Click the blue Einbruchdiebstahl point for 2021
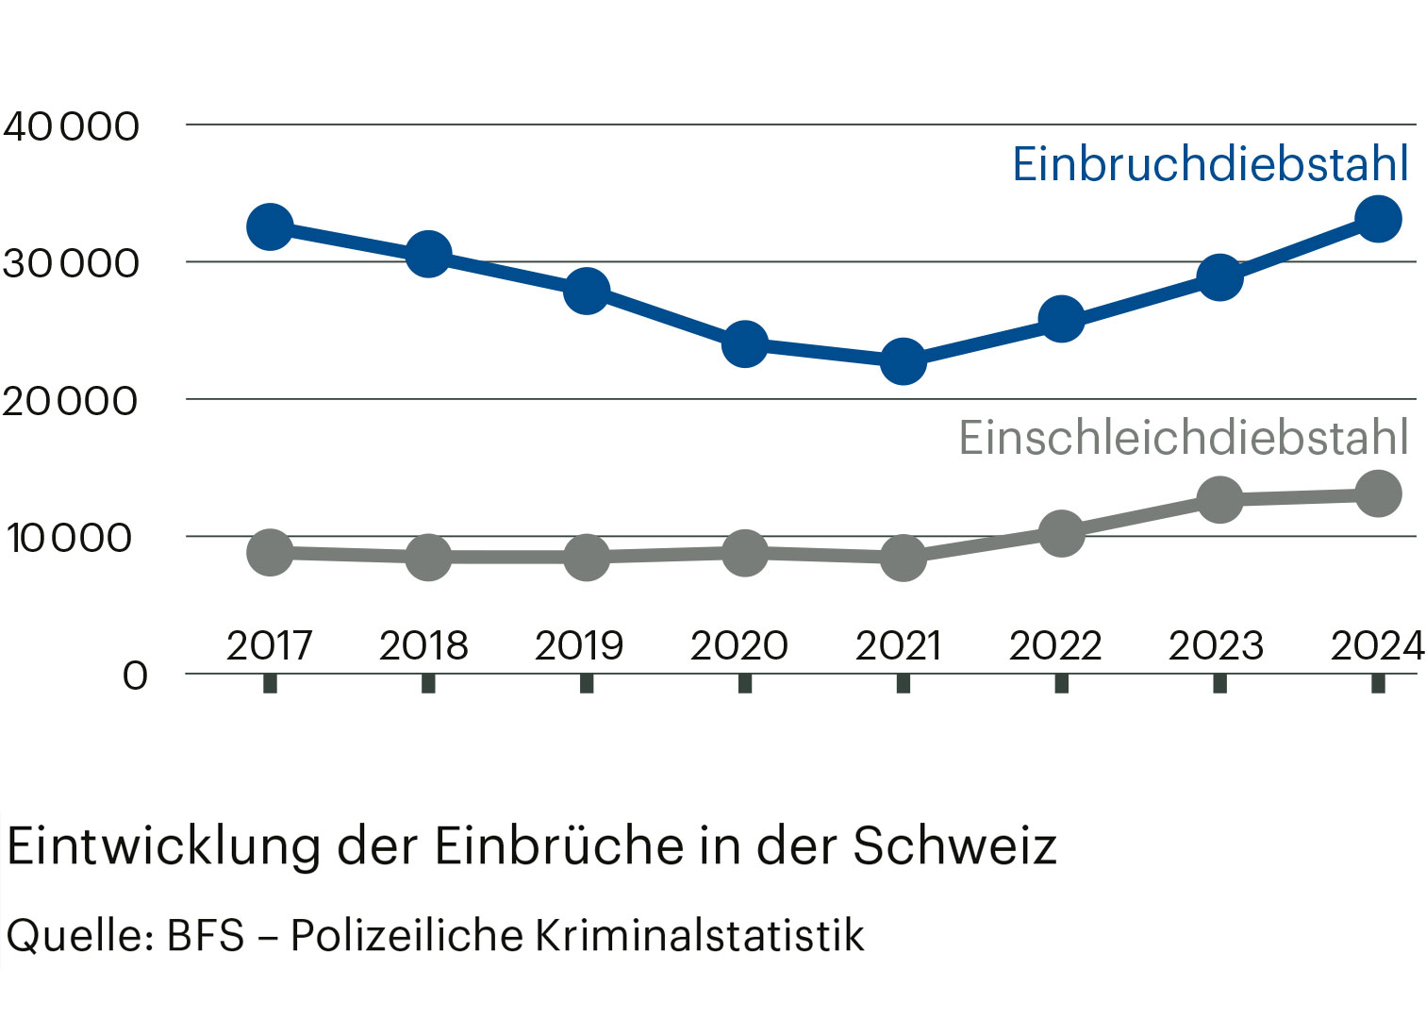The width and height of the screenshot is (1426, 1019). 903,360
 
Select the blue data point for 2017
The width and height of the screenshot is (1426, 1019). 270,227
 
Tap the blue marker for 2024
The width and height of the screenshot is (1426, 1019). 1378,219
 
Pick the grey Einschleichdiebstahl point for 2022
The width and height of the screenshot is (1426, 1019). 1061,533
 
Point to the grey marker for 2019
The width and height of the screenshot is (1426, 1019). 587,557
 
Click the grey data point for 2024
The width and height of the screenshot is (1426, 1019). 1378,493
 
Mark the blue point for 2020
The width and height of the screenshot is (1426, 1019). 745,343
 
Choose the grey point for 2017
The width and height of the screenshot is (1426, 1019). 270,552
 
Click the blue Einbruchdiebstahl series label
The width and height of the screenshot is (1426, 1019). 1210,164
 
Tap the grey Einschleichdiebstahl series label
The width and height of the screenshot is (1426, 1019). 1184,438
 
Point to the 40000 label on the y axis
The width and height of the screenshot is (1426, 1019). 71,126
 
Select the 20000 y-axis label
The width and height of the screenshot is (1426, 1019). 71,402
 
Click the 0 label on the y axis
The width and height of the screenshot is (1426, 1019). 136,676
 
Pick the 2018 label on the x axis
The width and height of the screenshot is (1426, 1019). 423,646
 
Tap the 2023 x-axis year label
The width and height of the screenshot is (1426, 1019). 1216,646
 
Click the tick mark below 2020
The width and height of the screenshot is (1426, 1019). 745,683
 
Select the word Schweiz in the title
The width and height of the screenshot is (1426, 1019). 954,845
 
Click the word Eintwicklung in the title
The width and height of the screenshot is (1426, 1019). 164,845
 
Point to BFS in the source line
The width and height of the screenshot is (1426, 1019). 206,936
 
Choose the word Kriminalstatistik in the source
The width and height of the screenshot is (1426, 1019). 699,936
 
